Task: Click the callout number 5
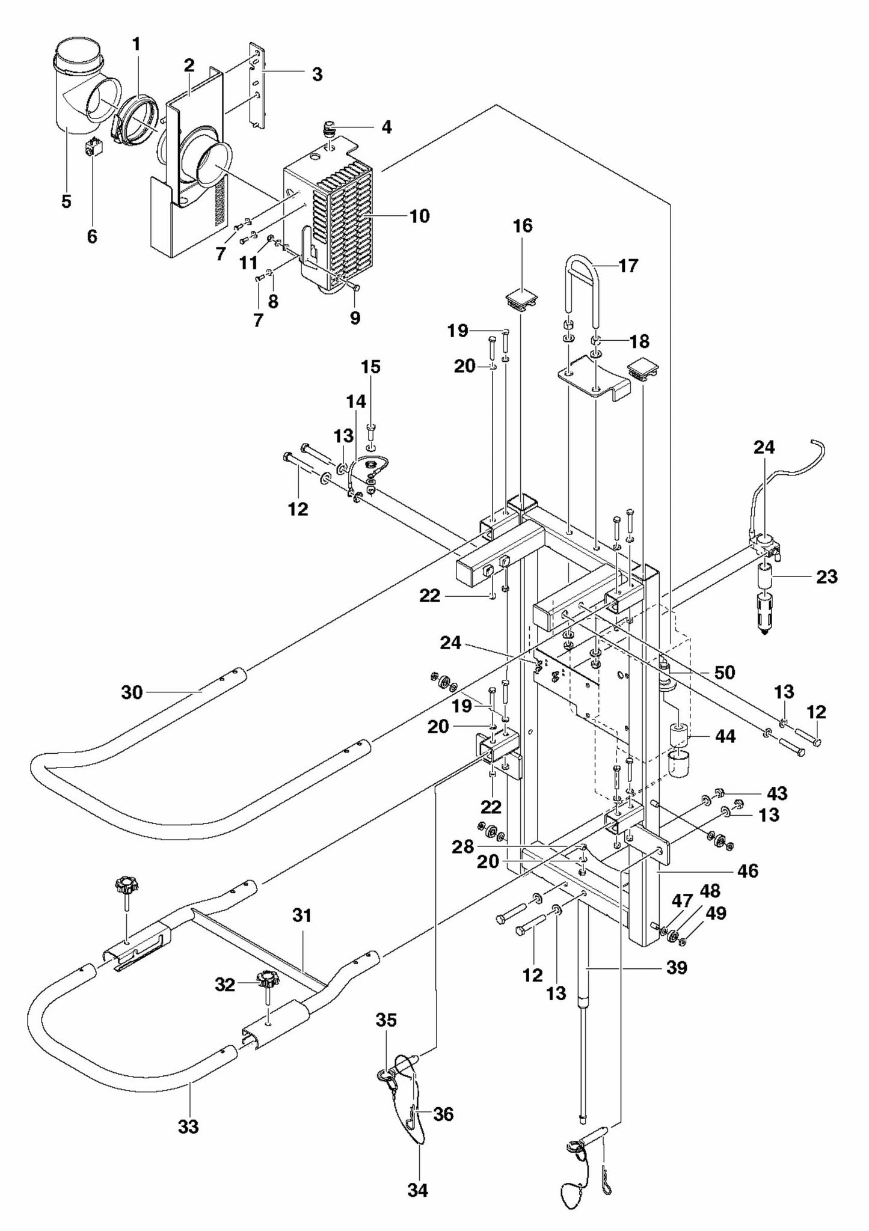[66, 201]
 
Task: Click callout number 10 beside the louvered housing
[419, 216]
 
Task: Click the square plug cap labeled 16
[521, 298]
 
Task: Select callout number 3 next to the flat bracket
[317, 75]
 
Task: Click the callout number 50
[725, 672]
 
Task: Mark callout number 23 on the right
[827, 576]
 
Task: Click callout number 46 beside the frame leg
[748, 870]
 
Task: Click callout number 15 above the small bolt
[370, 367]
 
